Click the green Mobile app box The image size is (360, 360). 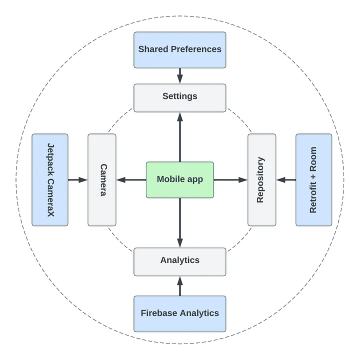tap(180, 179)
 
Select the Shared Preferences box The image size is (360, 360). tap(180, 49)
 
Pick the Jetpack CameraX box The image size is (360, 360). tap(50, 179)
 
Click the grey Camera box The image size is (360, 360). tap(102, 179)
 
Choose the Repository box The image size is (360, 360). tap(261, 179)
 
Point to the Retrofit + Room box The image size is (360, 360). tap(313, 179)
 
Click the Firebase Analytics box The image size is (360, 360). tap(180, 313)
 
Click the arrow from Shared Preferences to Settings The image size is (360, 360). tap(180, 75)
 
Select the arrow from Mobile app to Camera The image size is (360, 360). tap(131, 179)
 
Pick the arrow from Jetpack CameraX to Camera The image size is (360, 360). tap(78, 179)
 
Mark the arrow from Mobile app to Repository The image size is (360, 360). tap(230, 179)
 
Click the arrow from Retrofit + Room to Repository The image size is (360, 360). tap(286, 179)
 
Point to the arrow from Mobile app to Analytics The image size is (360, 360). tap(180, 222)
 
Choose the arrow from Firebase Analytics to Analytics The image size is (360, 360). tap(180, 286)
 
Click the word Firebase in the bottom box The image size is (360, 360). tap(159, 313)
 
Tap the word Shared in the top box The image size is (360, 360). tap(152, 49)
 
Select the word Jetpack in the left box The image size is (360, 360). tap(50, 161)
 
